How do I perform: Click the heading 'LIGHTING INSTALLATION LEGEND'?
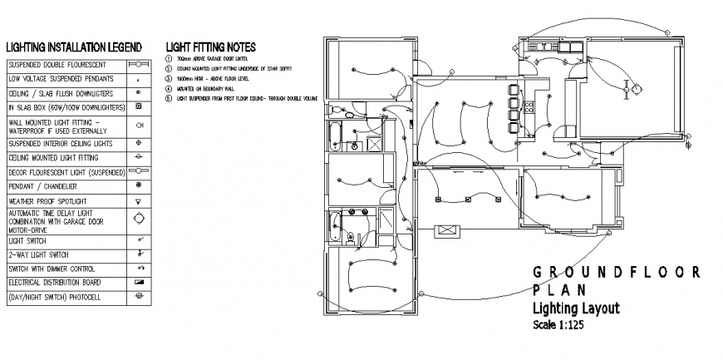[x=74, y=47]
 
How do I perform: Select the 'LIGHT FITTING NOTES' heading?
[x=210, y=47]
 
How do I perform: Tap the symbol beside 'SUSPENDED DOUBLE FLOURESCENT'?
[x=139, y=63]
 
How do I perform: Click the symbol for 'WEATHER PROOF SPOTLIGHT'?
[x=139, y=201]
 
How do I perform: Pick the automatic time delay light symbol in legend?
[x=139, y=219]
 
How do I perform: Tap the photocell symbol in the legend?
[x=139, y=297]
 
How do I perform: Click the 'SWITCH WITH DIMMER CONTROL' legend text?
[x=52, y=269]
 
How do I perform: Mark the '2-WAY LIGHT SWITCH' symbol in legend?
[x=139, y=254]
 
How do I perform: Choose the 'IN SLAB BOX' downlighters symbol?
[x=139, y=107]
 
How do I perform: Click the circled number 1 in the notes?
[x=169, y=60]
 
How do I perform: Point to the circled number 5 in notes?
[x=169, y=97]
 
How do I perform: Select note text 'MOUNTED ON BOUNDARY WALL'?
[x=205, y=87]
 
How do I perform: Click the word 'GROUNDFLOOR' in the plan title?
[x=615, y=273]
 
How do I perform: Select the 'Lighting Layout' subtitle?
[x=575, y=308]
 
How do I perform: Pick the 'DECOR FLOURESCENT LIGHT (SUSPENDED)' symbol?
[x=139, y=171]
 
